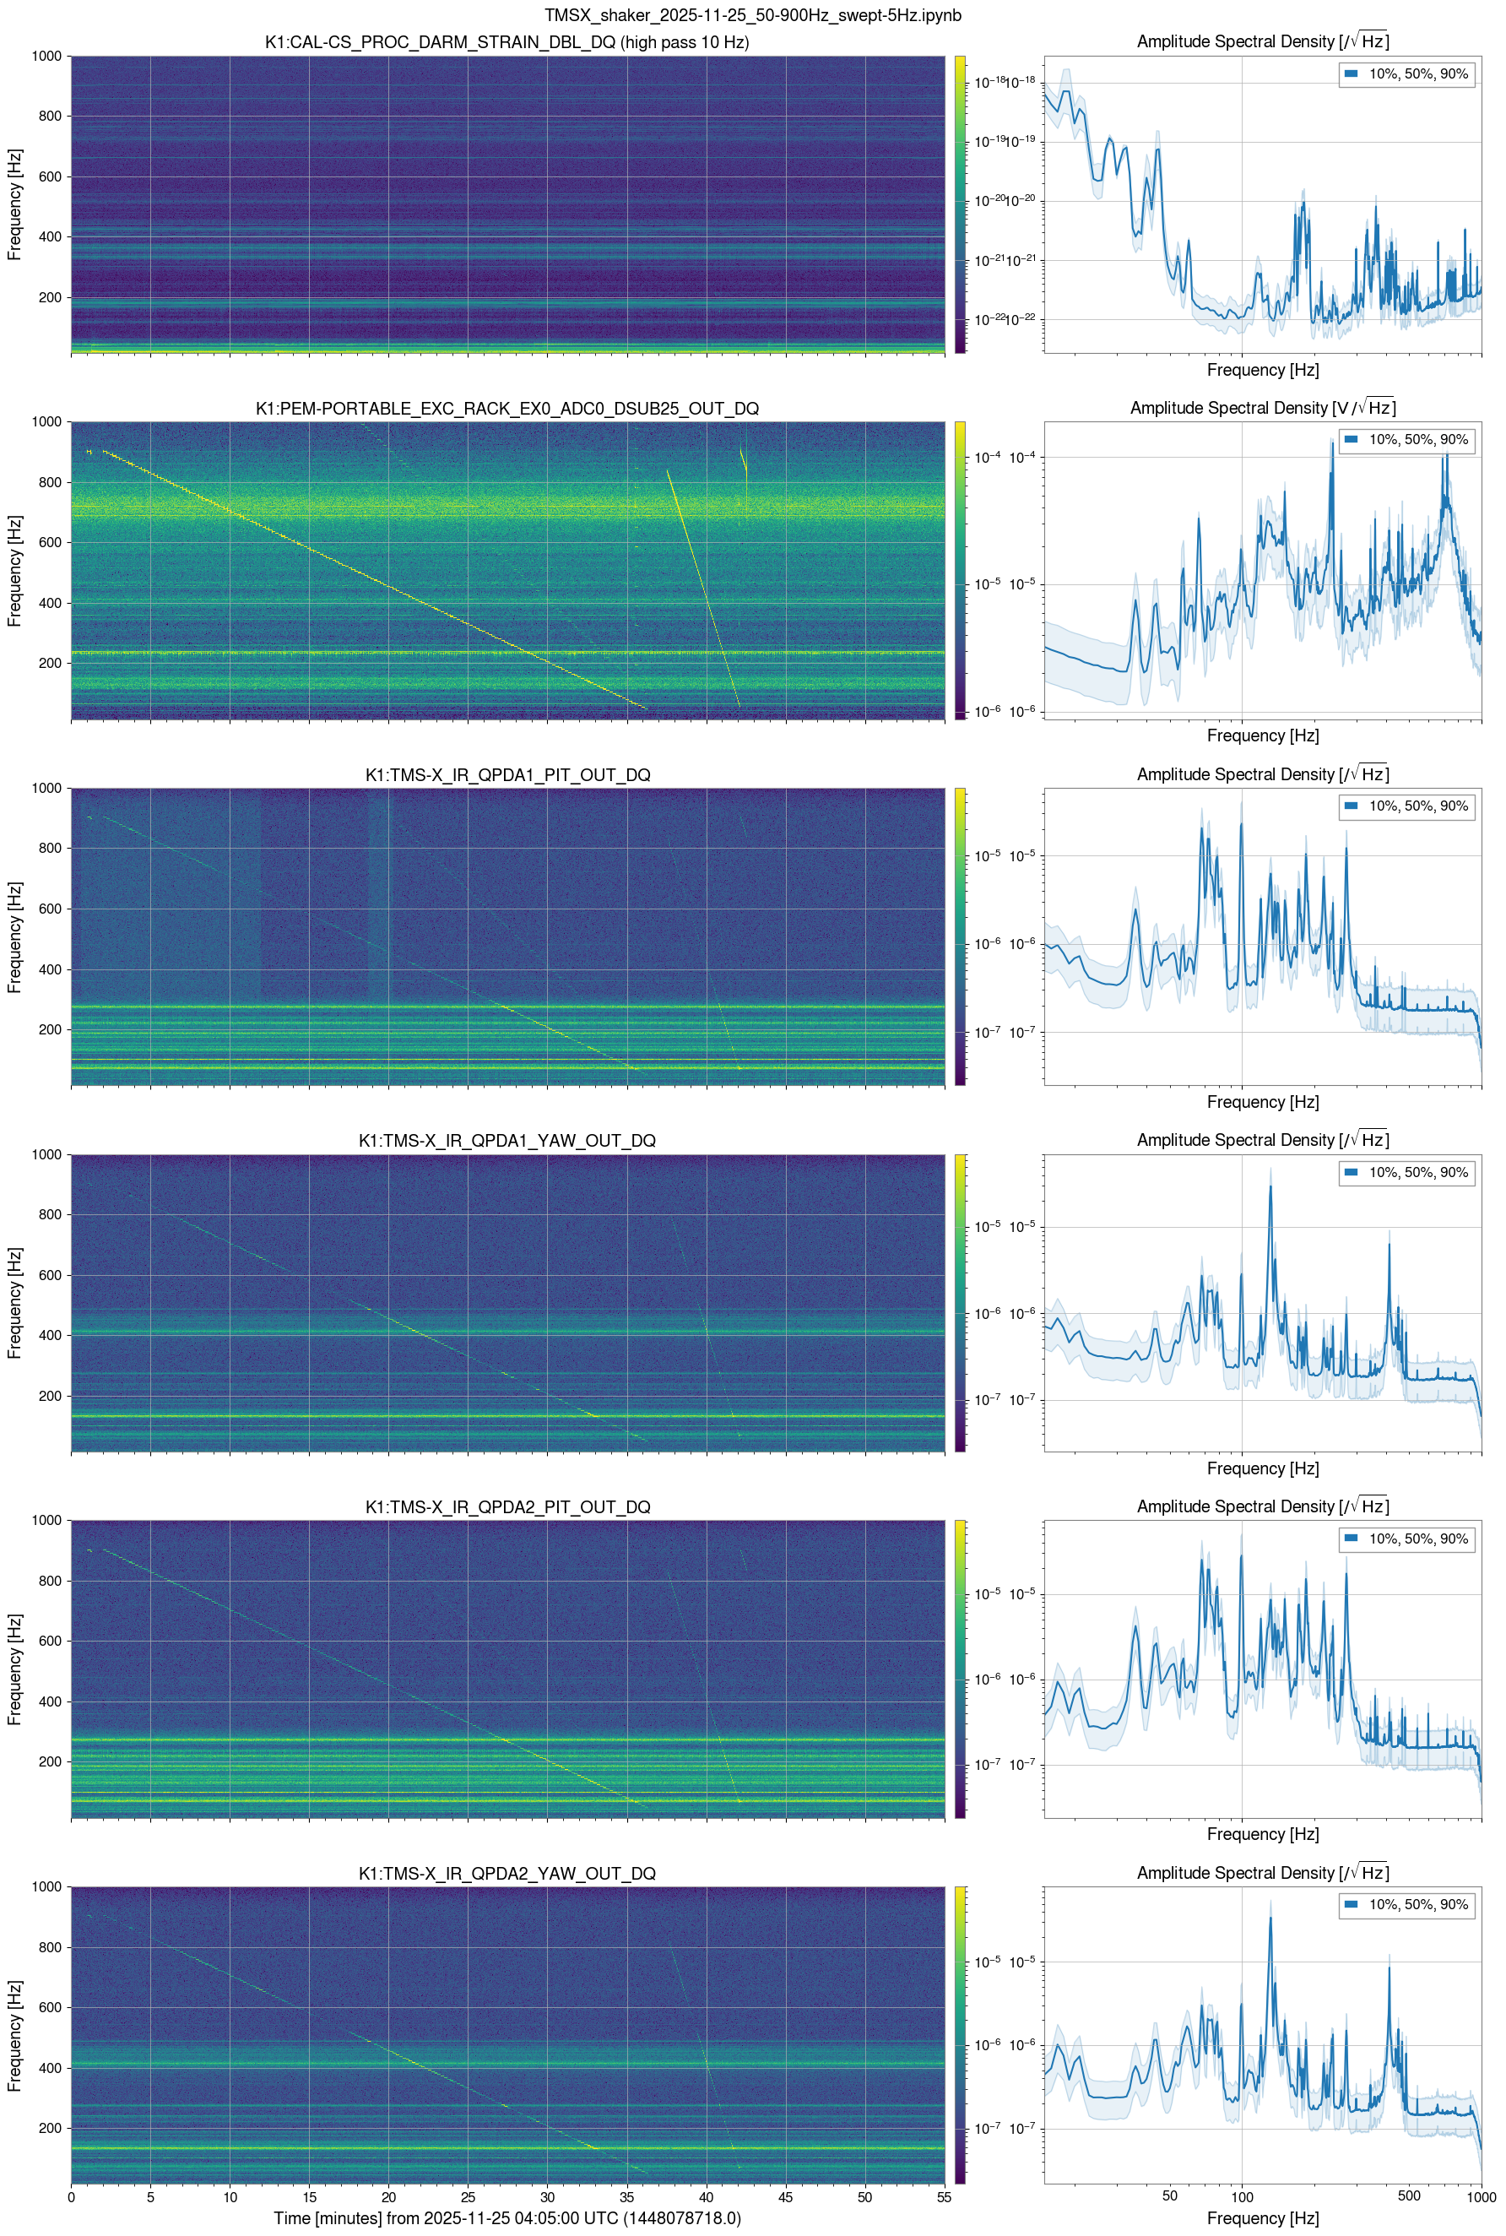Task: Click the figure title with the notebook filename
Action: (752, 15)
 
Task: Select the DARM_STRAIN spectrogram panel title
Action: (507, 42)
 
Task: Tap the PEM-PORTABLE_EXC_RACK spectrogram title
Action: (507, 408)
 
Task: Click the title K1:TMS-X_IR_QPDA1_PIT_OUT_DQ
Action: (507, 775)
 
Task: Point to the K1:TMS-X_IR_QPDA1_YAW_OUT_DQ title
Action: (507, 1141)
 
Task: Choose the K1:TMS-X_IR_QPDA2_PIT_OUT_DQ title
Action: (507, 1507)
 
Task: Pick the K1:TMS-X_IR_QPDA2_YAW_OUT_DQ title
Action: (507, 1873)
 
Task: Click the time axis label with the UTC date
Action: (507, 2217)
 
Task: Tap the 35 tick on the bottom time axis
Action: (627, 2196)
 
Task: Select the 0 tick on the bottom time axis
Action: (71, 2196)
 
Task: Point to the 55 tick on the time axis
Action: (944, 2196)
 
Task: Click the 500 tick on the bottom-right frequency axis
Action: (1409, 2196)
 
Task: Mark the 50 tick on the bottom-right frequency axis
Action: (1169, 2196)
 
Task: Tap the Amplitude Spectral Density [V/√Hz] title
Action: (1262, 408)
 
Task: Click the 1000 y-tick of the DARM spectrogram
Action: (46, 56)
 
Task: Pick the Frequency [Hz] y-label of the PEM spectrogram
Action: (14, 571)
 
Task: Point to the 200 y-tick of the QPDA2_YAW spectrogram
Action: (49, 2127)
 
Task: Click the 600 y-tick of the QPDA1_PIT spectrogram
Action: (49, 909)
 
